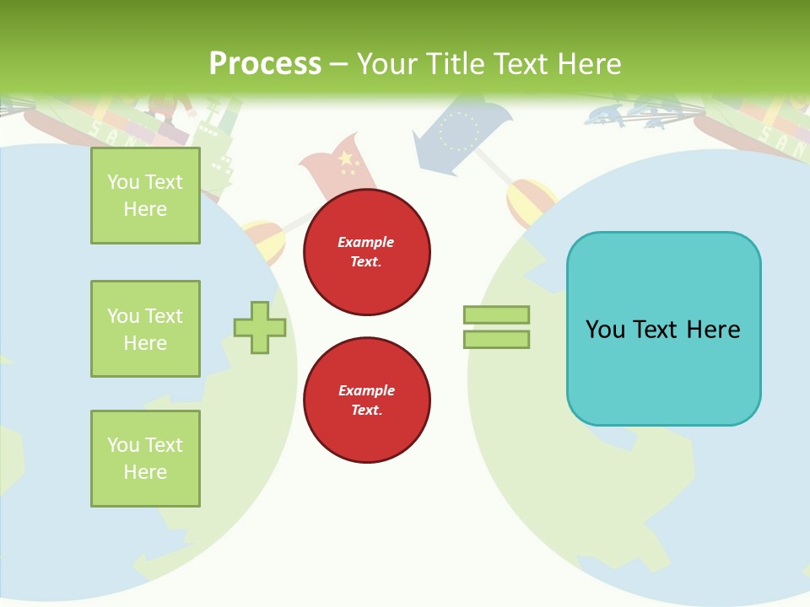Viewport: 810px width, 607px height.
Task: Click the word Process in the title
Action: coord(265,64)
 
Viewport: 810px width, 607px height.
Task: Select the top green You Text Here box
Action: coord(145,196)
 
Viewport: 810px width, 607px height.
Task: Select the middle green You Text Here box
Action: coord(145,329)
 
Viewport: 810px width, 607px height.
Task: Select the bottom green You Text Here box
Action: coord(145,459)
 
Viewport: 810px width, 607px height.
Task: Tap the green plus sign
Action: coord(259,327)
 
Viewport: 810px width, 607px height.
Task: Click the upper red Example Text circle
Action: coord(366,252)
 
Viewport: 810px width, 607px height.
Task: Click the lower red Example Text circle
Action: coord(366,400)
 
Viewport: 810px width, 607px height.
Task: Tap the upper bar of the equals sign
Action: coord(496,314)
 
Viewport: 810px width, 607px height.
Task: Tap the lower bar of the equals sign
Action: coord(496,340)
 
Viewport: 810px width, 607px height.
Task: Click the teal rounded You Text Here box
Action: coord(663,329)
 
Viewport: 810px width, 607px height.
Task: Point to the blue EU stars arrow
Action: coord(460,135)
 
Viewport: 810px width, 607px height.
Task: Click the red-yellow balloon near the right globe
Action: coord(529,202)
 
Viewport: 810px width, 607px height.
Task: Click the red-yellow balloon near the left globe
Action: coord(263,240)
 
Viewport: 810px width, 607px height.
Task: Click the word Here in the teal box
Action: coord(713,329)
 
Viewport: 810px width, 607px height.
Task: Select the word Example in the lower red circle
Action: coord(366,390)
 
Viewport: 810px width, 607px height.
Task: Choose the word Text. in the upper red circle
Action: coord(366,262)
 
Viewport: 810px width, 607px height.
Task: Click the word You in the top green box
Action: coord(122,182)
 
